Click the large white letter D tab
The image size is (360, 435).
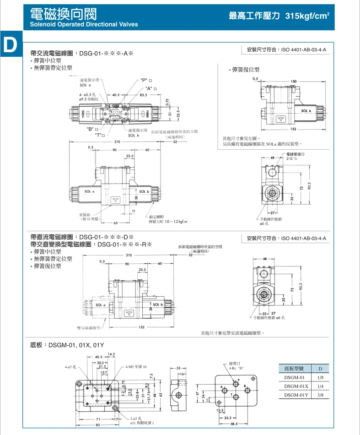[10, 44]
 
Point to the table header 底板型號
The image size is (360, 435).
[294, 369]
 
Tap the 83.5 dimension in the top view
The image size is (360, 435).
[143, 95]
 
